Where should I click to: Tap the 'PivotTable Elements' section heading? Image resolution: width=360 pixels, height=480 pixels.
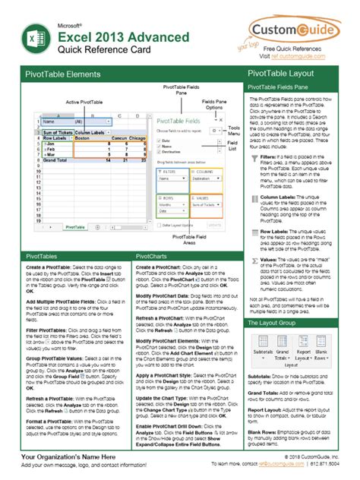click(62, 74)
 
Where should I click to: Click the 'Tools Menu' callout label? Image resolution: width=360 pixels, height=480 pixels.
click(234, 131)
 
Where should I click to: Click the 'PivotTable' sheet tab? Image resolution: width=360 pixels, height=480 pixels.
click(75, 226)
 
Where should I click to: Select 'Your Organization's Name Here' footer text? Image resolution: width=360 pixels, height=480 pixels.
click(68, 457)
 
